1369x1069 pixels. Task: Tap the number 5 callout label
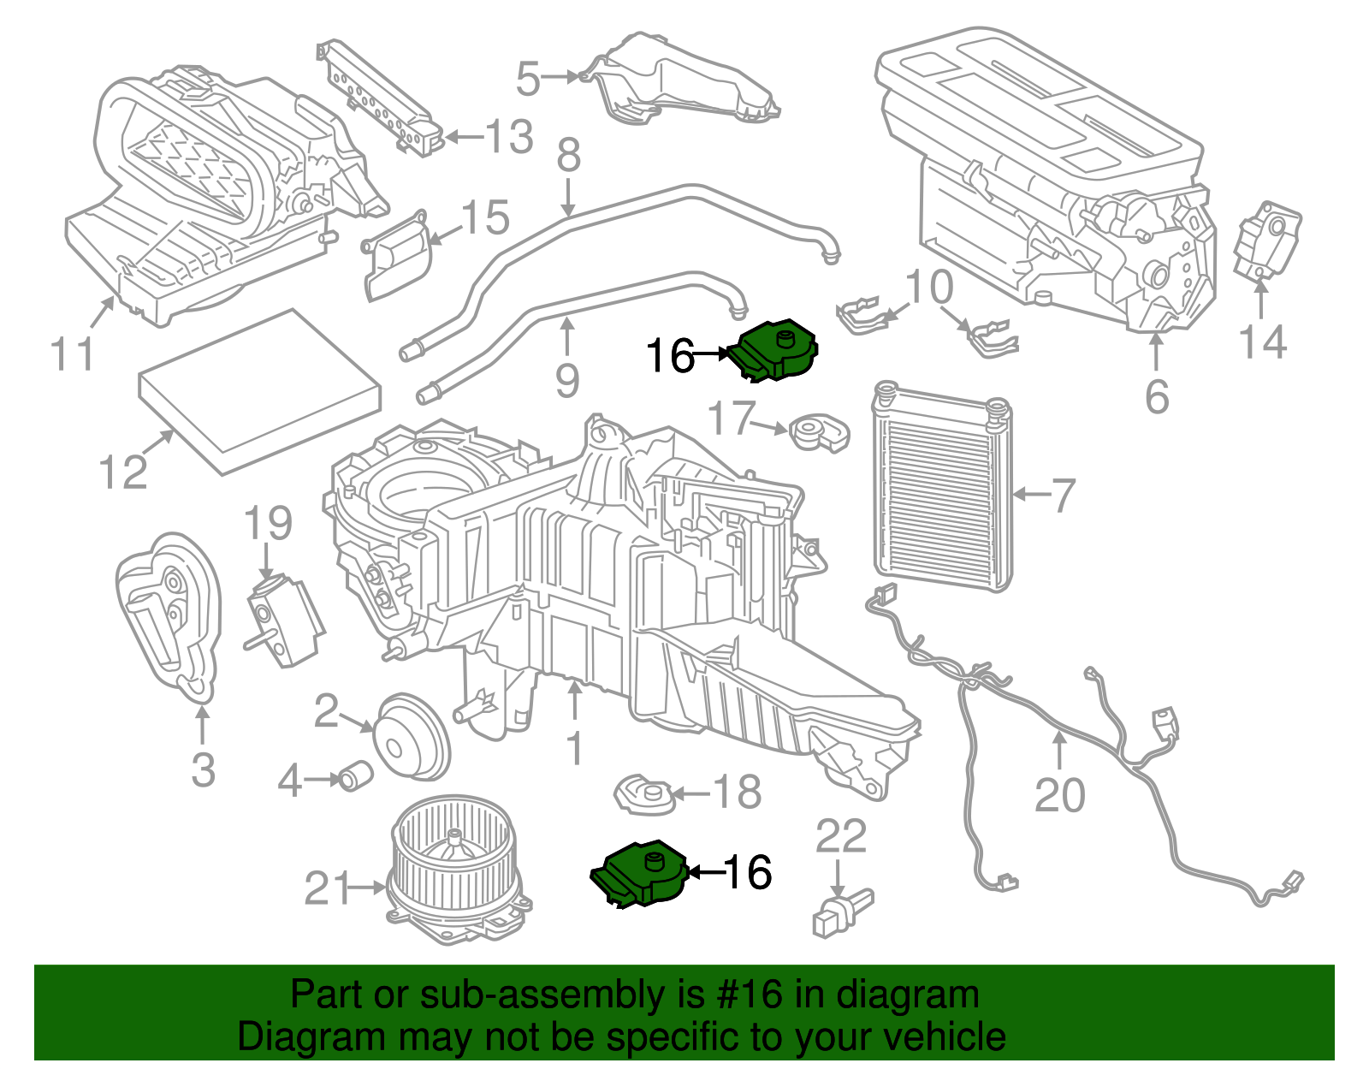coord(528,79)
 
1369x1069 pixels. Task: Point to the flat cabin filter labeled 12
coord(259,391)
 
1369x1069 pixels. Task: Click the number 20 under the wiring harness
coord(1059,795)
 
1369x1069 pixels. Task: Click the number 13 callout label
coord(510,137)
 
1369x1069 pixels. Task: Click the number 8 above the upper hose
coord(568,157)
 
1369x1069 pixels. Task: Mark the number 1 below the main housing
coord(574,749)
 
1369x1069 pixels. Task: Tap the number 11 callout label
coord(72,353)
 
